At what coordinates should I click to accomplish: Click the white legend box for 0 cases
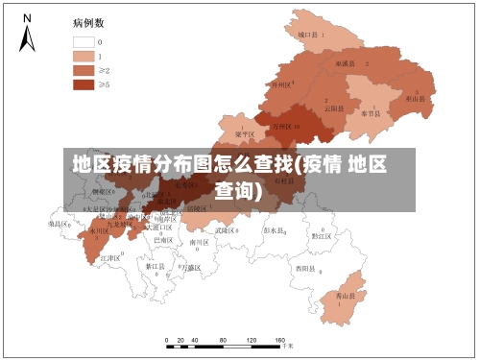[x=83, y=41]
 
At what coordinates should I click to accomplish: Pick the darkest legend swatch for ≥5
[x=83, y=84]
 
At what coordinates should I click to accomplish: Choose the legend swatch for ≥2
[x=83, y=70]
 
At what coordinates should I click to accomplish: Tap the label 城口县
[x=310, y=34]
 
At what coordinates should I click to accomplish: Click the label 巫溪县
[x=346, y=62]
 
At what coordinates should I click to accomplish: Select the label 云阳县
[x=334, y=108]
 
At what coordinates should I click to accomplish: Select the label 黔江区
[x=322, y=235]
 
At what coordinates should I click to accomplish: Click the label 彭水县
[x=276, y=230]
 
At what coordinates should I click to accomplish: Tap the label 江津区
[x=110, y=258]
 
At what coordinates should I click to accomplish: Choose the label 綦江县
[x=155, y=266]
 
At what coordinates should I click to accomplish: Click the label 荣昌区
[x=60, y=223]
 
